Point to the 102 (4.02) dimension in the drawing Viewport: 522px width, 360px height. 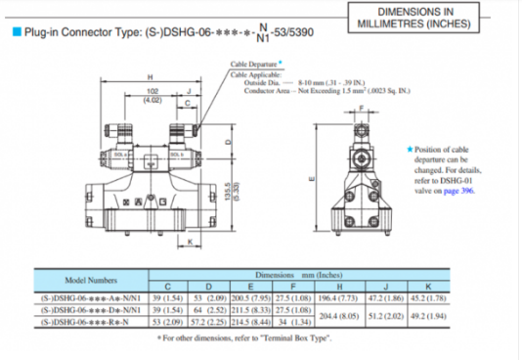[x=152, y=95]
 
